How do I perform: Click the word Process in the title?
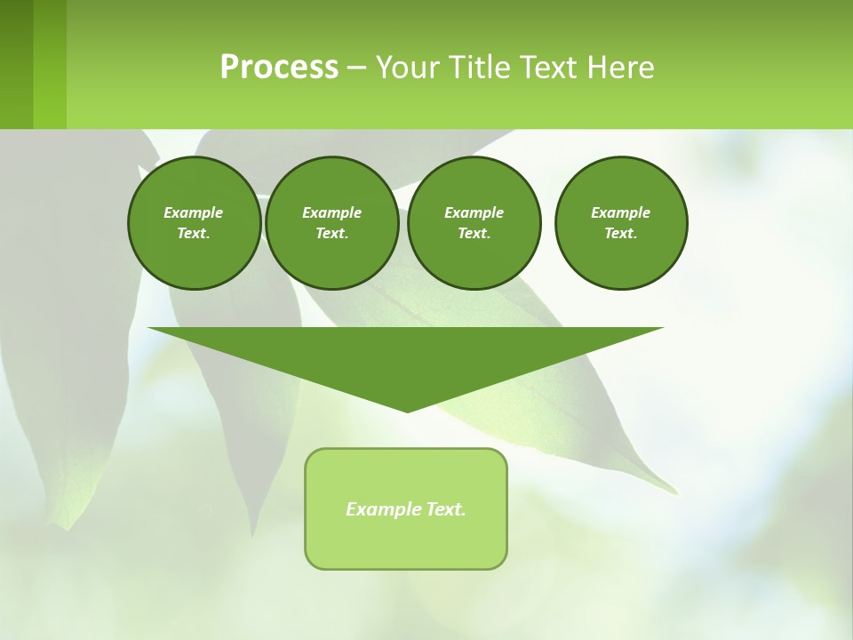tap(279, 68)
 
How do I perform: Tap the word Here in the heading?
tap(621, 68)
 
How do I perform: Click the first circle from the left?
tap(194, 223)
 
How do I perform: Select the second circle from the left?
tap(331, 223)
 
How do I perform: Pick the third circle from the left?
tap(474, 223)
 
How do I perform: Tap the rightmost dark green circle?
tap(620, 223)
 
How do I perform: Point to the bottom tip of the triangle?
tap(406, 411)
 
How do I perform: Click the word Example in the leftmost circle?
tap(194, 212)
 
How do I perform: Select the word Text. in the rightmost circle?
tap(620, 233)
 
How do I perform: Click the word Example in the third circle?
tap(474, 212)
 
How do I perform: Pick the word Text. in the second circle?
tap(331, 233)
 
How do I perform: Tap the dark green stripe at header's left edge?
tap(16, 64)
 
